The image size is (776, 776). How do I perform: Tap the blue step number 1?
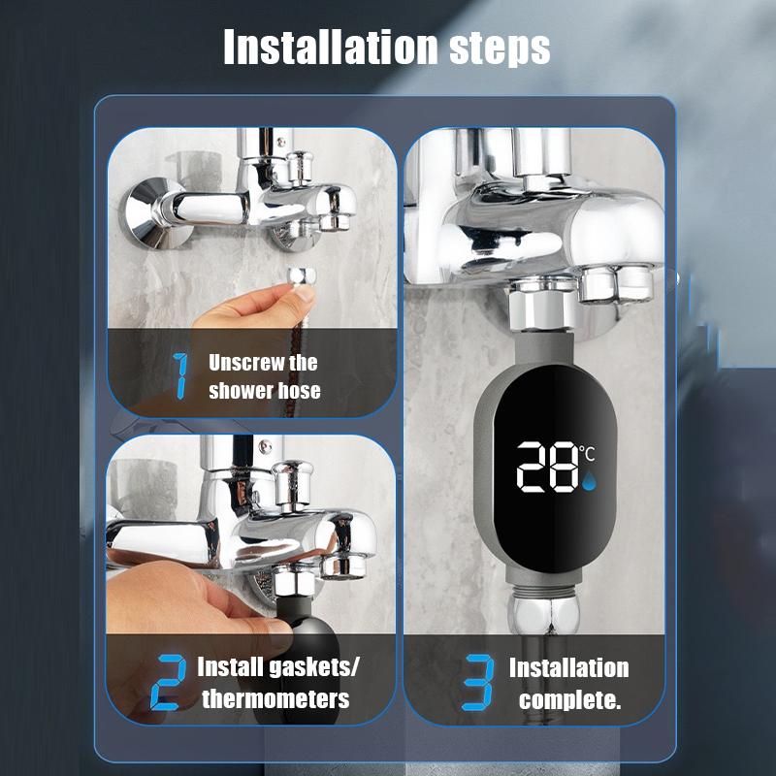coord(180,376)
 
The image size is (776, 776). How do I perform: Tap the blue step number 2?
coord(169,683)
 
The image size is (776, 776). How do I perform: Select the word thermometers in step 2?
coord(275,698)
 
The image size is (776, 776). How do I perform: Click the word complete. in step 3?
coord(569,698)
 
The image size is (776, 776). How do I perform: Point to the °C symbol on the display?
coord(588,451)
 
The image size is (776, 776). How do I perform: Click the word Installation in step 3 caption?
coord(568,668)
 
